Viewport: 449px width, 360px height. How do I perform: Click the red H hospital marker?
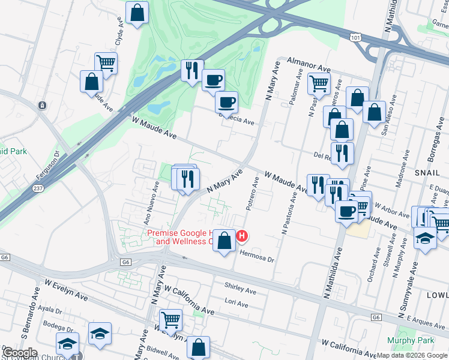241,236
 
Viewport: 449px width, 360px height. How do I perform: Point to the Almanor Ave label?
309,64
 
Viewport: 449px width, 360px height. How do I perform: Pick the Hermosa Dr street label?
257,256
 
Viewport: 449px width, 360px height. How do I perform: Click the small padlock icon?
42,106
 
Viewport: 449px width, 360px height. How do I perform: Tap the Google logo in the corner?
19,353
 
